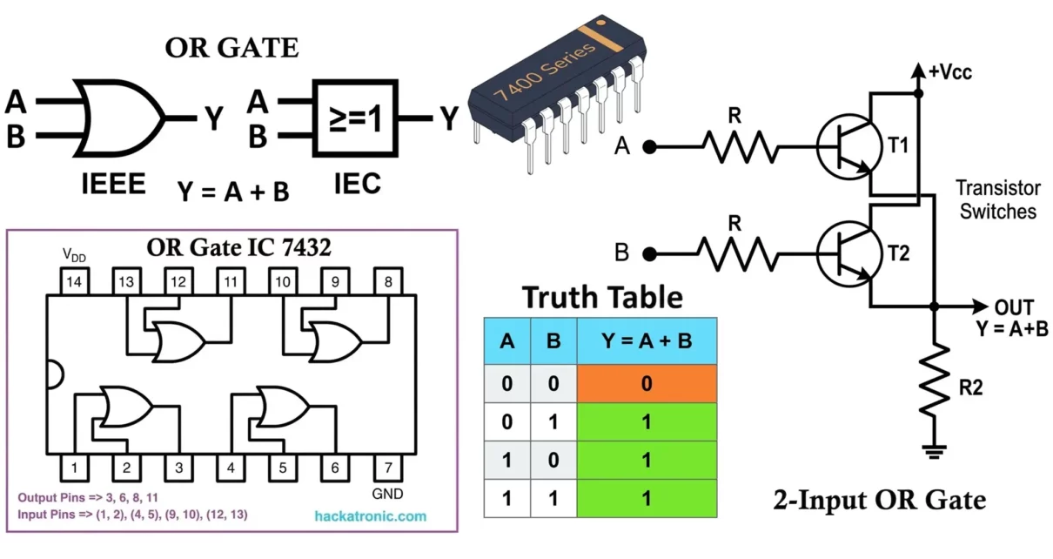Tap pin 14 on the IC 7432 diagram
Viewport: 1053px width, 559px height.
(74, 281)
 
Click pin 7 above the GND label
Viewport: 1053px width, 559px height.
(387, 468)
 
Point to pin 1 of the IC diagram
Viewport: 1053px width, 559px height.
(75, 468)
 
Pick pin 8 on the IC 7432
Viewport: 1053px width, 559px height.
(387, 281)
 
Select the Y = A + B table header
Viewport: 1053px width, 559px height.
(647, 340)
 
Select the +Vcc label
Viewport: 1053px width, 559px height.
(949, 73)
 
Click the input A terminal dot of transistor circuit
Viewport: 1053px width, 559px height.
(649, 147)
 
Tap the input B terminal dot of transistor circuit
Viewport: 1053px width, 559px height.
(649, 254)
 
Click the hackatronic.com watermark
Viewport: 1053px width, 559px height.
(370, 515)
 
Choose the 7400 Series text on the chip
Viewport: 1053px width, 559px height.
(546, 70)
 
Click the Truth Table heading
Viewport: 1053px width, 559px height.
(602, 297)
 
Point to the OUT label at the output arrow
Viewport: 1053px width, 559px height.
(1014, 307)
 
